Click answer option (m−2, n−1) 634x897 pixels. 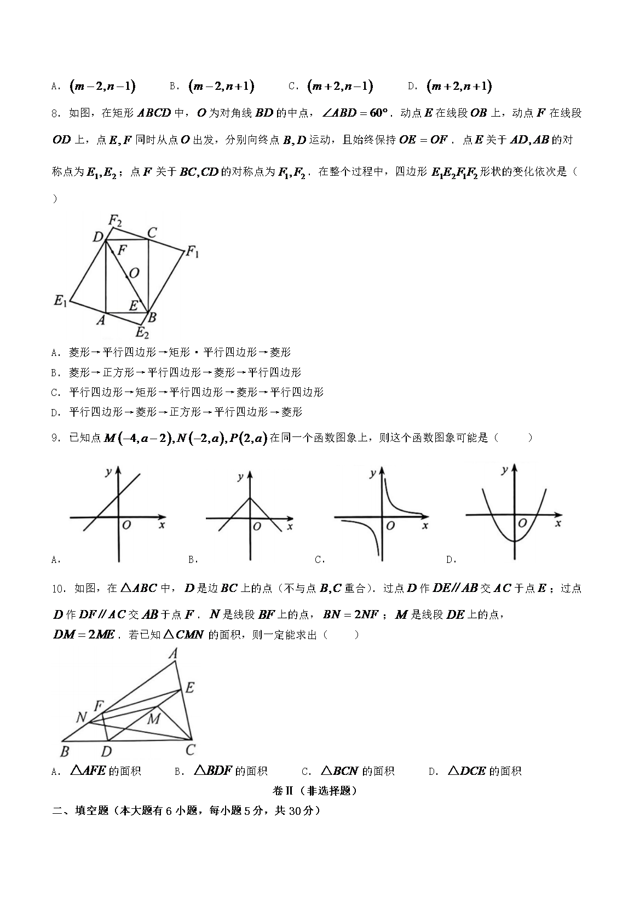(102, 86)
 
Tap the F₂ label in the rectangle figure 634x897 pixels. (115, 220)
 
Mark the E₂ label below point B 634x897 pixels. (142, 332)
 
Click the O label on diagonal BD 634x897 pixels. (134, 272)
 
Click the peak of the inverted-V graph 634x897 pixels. (250, 498)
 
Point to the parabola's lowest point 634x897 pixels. (514, 541)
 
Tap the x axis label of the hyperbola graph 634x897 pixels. (425, 526)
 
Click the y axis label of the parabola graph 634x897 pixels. (504, 469)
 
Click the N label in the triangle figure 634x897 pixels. (82, 717)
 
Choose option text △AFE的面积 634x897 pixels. (106, 771)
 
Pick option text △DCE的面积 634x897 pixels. (484, 771)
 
